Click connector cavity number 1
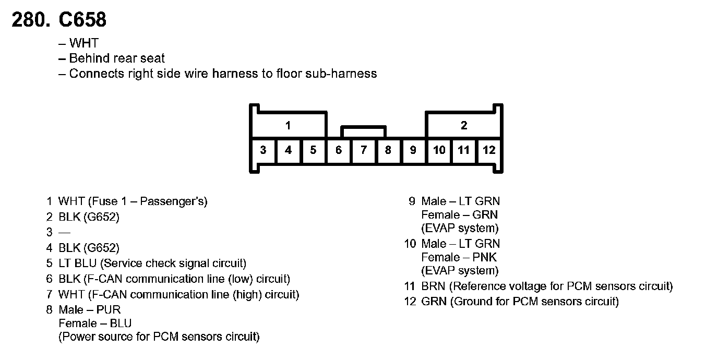(x=288, y=125)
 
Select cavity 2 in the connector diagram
(x=463, y=125)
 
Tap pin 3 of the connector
(x=263, y=150)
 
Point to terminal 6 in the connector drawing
(x=339, y=150)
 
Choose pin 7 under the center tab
(x=364, y=150)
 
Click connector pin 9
(x=413, y=150)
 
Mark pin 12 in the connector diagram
(x=489, y=150)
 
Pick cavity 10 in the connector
(x=439, y=150)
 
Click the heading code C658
(x=82, y=20)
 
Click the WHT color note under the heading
(x=83, y=43)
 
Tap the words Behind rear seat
(x=117, y=58)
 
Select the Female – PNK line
(x=459, y=257)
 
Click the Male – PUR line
(x=90, y=310)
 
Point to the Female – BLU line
(x=95, y=323)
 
